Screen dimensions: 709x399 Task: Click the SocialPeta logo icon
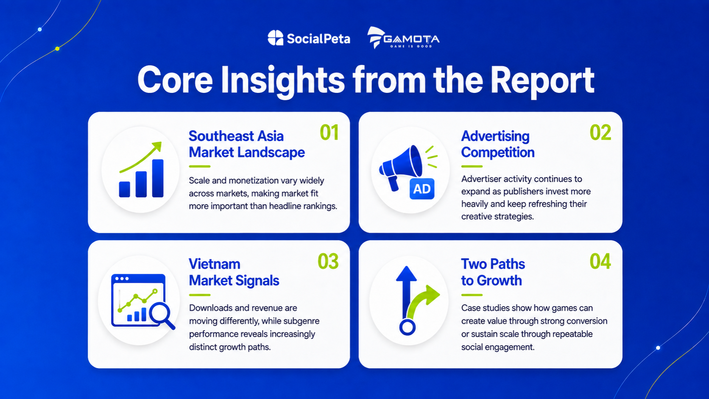[275, 38]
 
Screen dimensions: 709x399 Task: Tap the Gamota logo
[403, 38]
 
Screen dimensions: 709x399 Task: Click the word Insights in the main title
[283, 81]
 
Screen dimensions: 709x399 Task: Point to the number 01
[329, 132]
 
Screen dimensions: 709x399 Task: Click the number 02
[600, 132]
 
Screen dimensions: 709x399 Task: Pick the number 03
[328, 261]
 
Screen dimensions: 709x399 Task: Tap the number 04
[600, 261]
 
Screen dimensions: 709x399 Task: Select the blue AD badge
[422, 189]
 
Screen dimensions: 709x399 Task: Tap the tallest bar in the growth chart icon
[158, 178]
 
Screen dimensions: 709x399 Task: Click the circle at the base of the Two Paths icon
[408, 327]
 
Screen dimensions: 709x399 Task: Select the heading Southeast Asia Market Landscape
[246, 144]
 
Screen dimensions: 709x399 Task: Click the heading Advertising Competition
[497, 144]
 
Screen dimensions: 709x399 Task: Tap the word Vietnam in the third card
[214, 264]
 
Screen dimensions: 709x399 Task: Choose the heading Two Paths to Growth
[493, 272]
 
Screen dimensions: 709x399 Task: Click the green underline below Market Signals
[200, 295]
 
